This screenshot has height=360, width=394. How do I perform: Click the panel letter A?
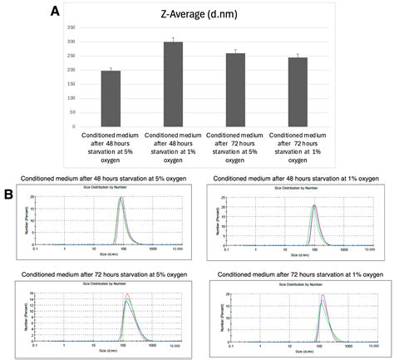pos(54,12)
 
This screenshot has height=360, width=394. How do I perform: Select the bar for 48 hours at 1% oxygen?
pos(173,83)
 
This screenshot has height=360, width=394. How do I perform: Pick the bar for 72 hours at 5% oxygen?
pos(235,89)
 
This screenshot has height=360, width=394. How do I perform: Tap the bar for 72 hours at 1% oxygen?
pos(298,91)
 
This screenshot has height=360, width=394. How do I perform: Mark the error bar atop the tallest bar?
pos(173,40)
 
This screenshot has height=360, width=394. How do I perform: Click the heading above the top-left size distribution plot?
pos(99,178)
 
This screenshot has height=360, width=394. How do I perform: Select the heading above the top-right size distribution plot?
pos(297,178)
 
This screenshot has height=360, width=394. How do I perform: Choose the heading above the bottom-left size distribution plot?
pos(99,273)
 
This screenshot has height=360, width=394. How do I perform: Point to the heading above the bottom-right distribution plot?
pos(297,273)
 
